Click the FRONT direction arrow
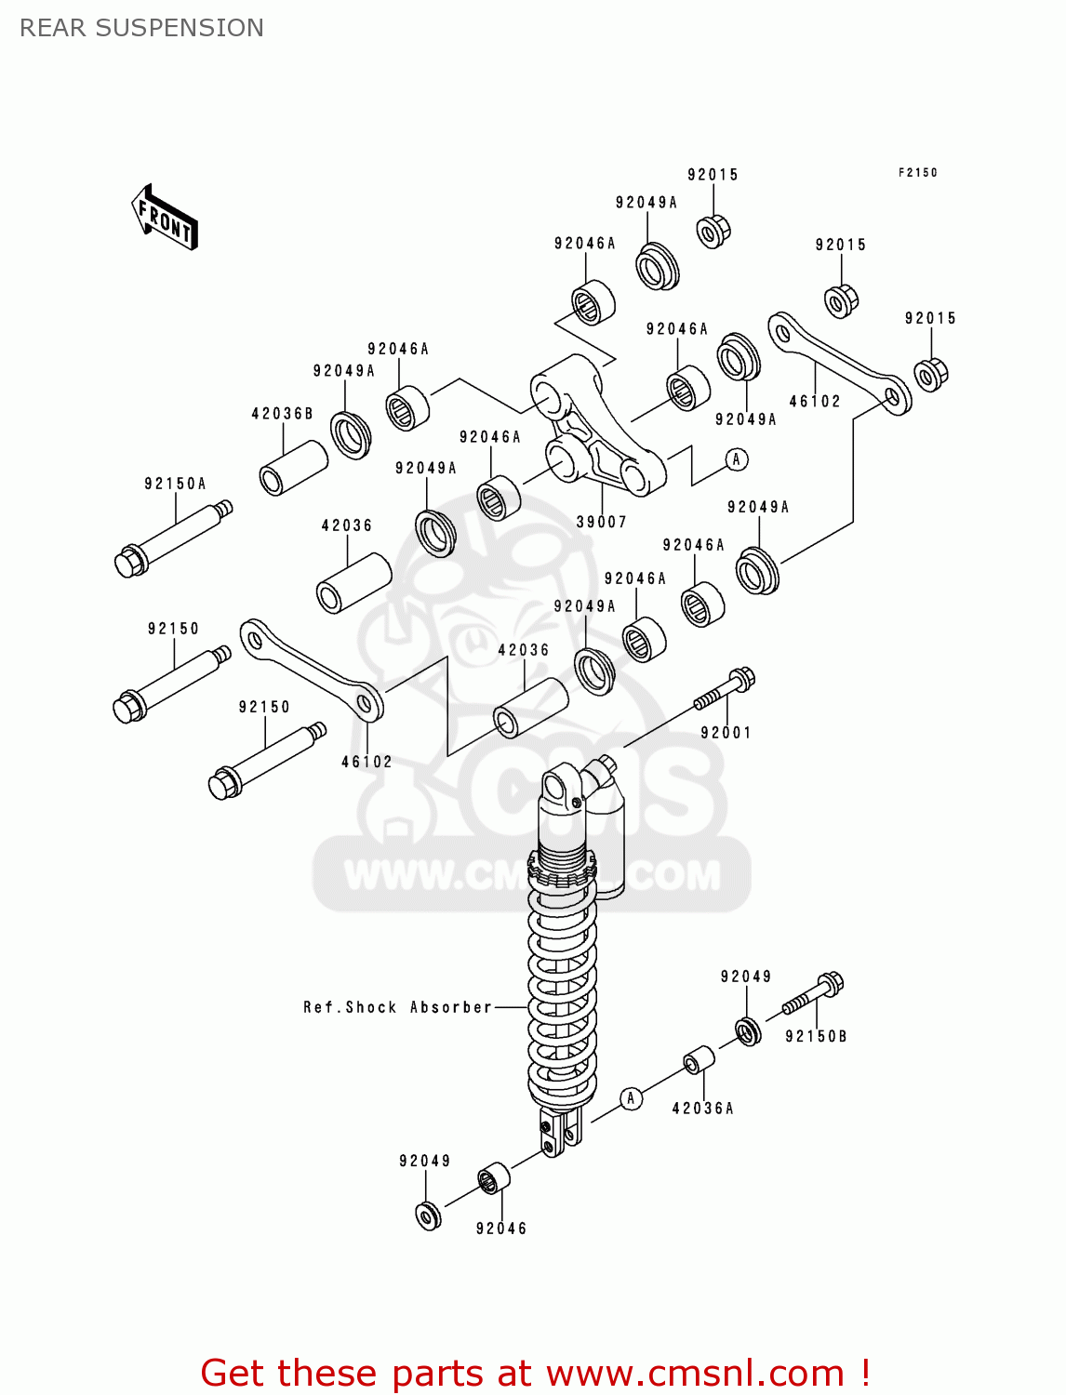pyautogui.click(x=165, y=218)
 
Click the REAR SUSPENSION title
pyautogui.click(x=141, y=28)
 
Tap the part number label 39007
pyautogui.click(x=601, y=522)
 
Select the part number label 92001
pyautogui.click(x=726, y=733)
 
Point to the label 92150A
pyautogui.click(x=175, y=484)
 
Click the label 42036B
pyautogui.click(x=282, y=413)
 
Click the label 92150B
pyautogui.click(x=816, y=1036)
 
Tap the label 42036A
pyautogui.click(x=702, y=1108)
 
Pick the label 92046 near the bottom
pyautogui.click(x=501, y=1229)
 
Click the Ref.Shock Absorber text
pyautogui.click(x=397, y=1007)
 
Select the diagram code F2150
pyautogui.click(x=917, y=172)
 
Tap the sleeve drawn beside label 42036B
pyautogui.click(x=293, y=467)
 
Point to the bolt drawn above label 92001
pyautogui.click(x=724, y=690)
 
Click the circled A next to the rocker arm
pyautogui.click(x=737, y=458)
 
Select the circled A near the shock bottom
pyautogui.click(x=631, y=1098)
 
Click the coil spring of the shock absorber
pyautogui.click(x=562, y=995)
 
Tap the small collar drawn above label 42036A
pyautogui.click(x=699, y=1060)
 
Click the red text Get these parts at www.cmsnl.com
pyautogui.click(x=535, y=1373)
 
